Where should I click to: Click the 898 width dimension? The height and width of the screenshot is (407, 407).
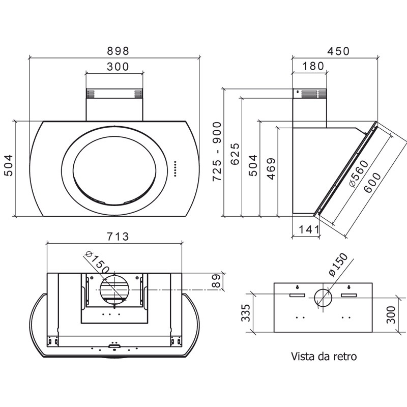pyautogui.click(x=118, y=51)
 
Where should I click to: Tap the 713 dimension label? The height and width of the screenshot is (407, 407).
pyautogui.click(x=118, y=237)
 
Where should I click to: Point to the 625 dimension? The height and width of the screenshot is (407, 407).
pyautogui.click(x=235, y=154)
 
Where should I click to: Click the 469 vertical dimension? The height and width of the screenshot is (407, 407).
pyautogui.click(x=271, y=168)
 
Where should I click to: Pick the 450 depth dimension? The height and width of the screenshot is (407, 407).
pyautogui.click(x=338, y=51)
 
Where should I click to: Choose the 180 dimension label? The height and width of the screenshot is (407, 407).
pyautogui.click(x=313, y=66)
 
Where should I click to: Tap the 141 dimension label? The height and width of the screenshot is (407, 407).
pyautogui.click(x=309, y=229)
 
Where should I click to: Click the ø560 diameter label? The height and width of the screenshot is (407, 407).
pyautogui.click(x=359, y=173)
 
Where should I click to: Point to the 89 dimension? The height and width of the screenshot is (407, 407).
pyautogui.click(x=216, y=281)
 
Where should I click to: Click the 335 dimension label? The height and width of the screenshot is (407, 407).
pyautogui.click(x=246, y=312)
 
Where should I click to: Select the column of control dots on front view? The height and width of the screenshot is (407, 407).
pyautogui.click(x=175, y=169)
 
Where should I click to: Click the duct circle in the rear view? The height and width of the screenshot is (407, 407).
pyautogui.click(x=323, y=298)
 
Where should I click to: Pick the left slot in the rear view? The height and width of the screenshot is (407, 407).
pyautogui.click(x=298, y=295)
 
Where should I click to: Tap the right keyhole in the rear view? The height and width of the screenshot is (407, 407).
pyautogui.click(x=349, y=287)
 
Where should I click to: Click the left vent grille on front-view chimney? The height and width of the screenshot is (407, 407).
pyautogui.click(x=91, y=94)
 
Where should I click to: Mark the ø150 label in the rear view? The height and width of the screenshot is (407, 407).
pyautogui.click(x=338, y=265)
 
